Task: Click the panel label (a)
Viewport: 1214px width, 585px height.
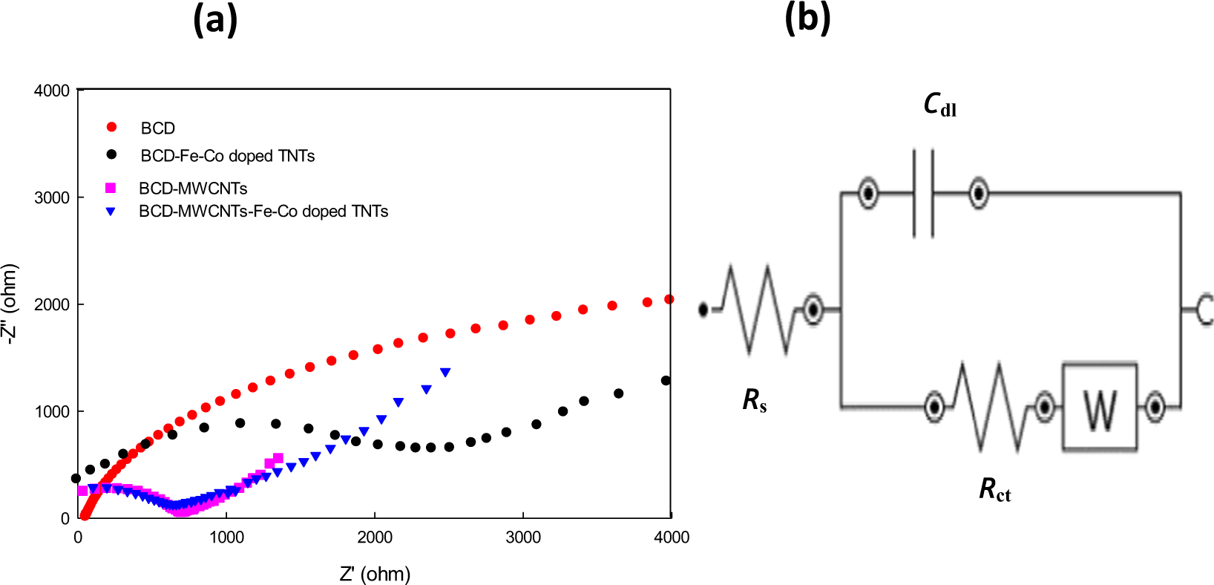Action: [x=215, y=20]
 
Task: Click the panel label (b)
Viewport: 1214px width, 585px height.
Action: [x=807, y=18]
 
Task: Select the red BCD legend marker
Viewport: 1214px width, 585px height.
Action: [x=111, y=128]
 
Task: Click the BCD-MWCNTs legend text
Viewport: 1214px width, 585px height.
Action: [x=193, y=189]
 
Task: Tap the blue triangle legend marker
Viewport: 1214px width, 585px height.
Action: [x=111, y=212]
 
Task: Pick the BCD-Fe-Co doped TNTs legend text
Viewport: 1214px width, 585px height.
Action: [x=227, y=156]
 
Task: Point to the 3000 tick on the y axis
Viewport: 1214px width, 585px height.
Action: [x=52, y=197]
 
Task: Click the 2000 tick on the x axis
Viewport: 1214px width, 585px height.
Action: [x=375, y=537]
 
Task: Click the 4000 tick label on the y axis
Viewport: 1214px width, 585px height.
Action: [x=52, y=91]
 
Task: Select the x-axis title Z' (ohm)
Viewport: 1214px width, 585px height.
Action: [x=375, y=574]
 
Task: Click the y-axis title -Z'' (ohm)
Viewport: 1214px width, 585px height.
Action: [x=10, y=304]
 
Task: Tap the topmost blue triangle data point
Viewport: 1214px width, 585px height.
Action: [x=445, y=372]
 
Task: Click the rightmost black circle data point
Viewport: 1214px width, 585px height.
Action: [x=666, y=381]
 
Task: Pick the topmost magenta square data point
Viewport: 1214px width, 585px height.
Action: [x=278, y=458]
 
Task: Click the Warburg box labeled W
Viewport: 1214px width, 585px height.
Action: [x=1099, y=407]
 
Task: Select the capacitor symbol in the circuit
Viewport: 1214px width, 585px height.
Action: [x=922, y=193]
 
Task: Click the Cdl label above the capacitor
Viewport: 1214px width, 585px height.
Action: [x=939, y=105]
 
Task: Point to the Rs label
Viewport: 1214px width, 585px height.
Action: [x=754, y=401]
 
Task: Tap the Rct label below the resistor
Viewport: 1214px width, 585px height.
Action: [x=994, y=490]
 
